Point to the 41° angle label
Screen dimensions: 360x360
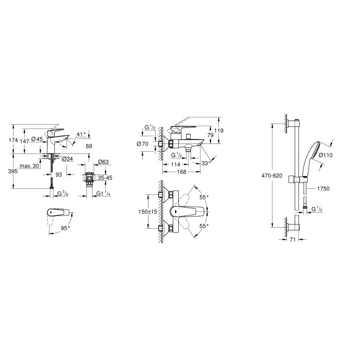click(82, 135)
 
